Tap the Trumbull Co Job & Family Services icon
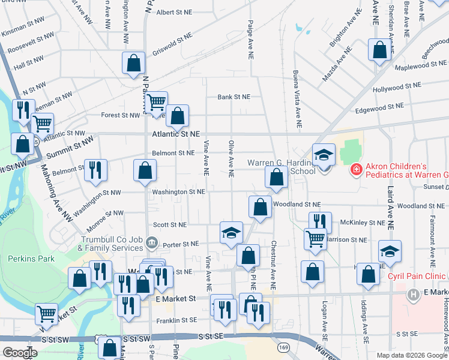pos(152,243)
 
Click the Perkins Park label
pos(31,259)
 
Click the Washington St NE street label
pos(179,192)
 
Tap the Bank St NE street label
pos(234,97)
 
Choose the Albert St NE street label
pos(173,11)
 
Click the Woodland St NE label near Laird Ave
pos(420,206)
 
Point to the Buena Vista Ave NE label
pos(297,99)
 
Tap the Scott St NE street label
pos(170,224)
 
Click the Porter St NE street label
pos(181,244)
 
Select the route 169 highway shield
pos(283,347)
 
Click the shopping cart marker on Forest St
pos(156,102)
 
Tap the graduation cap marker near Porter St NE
pos(231,233)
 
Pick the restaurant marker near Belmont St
pos(96,170)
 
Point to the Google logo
pos(20,353)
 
